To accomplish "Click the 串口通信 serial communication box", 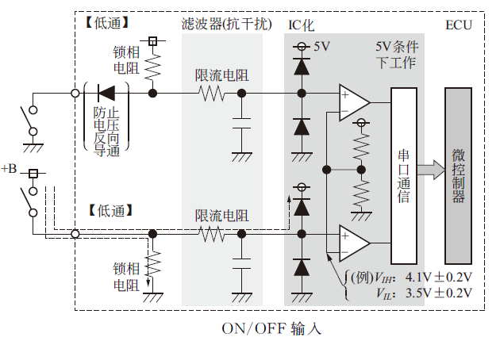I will [x=403, y=175].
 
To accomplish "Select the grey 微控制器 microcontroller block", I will [x=458, y=175].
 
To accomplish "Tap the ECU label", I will [x=458, y=25].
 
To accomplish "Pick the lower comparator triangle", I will [x=352, y=243].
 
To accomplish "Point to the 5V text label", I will [x=321, y=47].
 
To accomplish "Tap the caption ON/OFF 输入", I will [x=272, y=327].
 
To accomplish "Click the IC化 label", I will [x=300, y=25].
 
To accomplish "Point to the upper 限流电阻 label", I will [x=221, y=77].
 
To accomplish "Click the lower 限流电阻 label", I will [x=221, y=216].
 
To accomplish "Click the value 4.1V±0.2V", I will [x=439, y=278].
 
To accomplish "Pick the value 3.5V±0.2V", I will [x=439, y=293].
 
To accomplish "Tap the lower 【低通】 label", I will [x=106, y=211].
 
